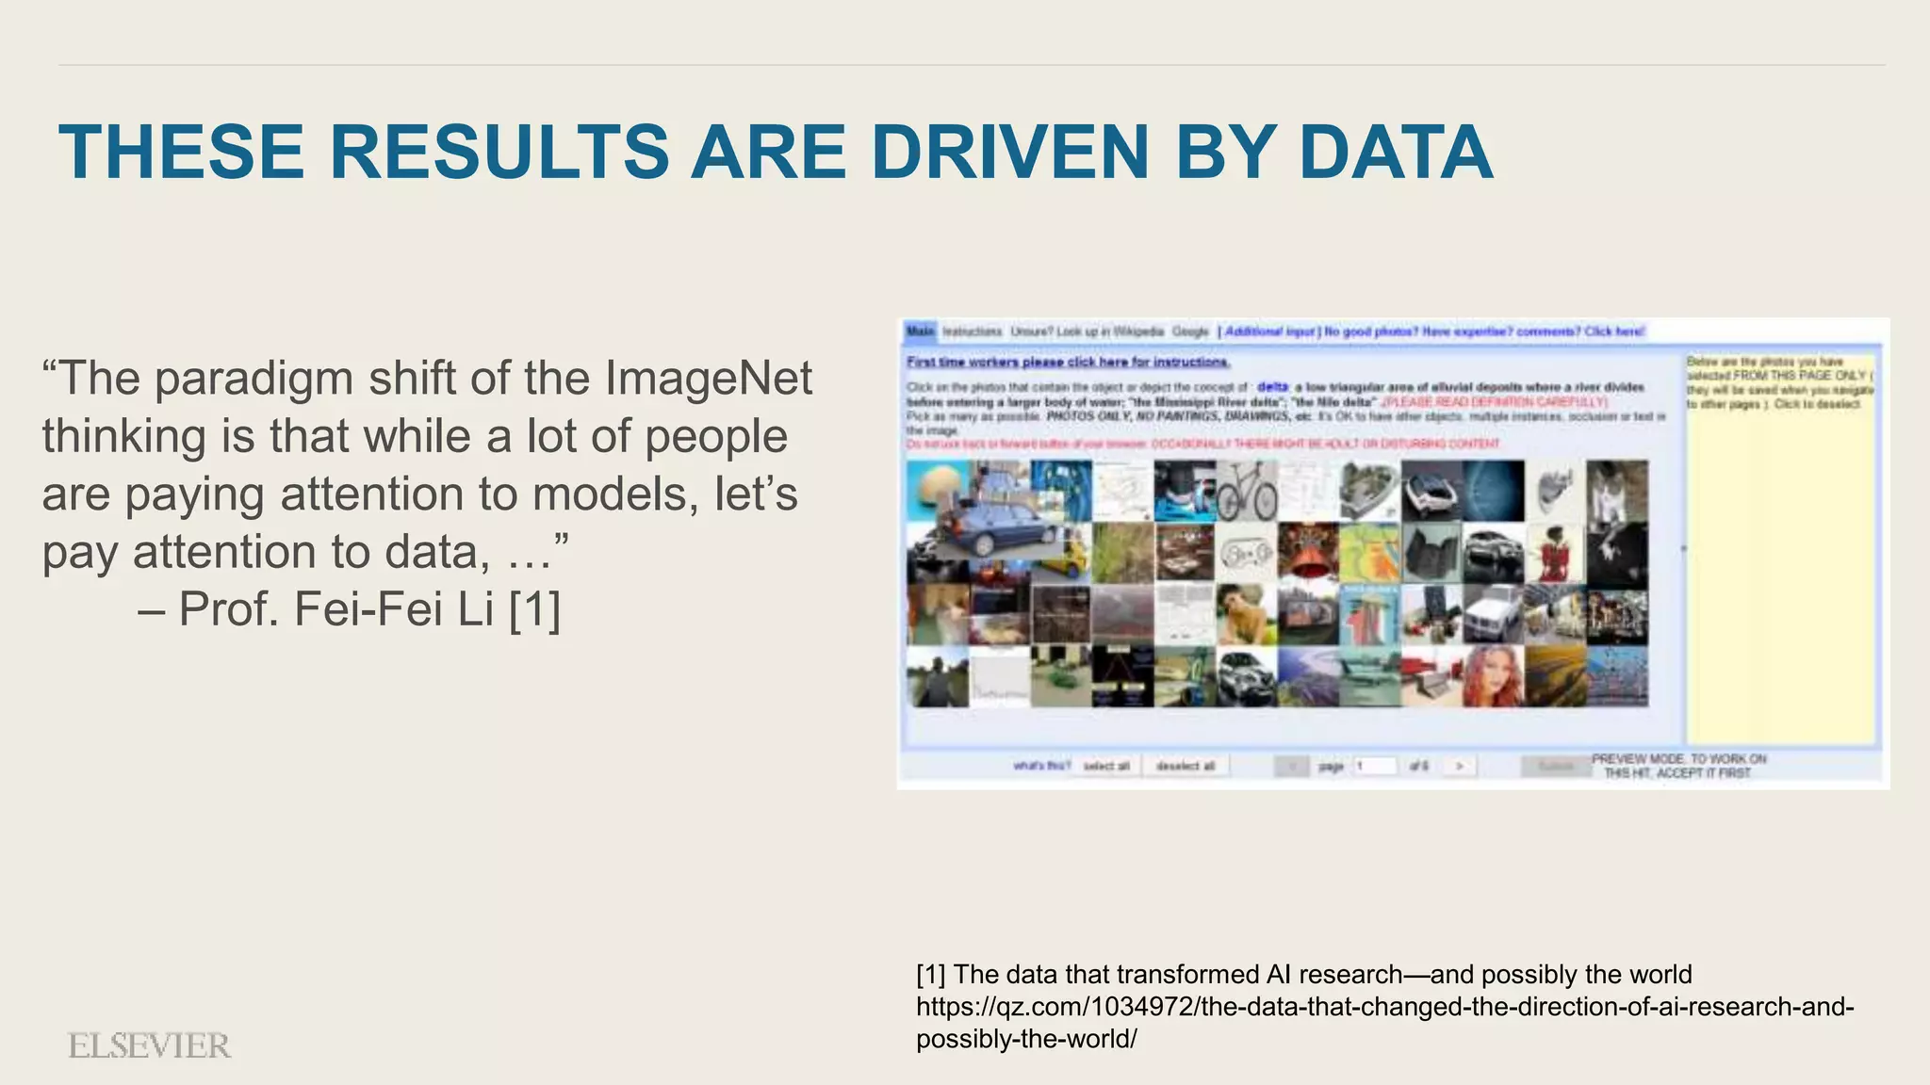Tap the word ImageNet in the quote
(x=708, y=379)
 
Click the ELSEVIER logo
(x=149, y=1045)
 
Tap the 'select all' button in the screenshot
(x=1106, y=766)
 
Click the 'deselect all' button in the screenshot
(x=1186, y=766)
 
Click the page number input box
(x=1375, y=766)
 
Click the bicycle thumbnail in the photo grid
(x=1246, y=491)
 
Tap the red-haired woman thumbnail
(x=1493, y=676)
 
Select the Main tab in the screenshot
(x=920, y=332)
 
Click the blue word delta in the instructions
(x=1272, y=387)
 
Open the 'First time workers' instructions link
(x=1068, y=362)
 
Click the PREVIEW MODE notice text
(x=1678, y=766)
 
